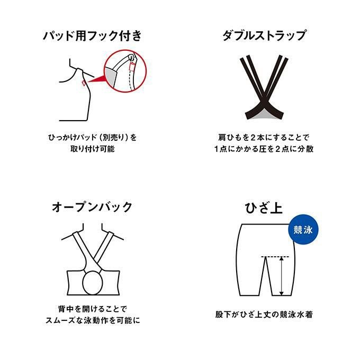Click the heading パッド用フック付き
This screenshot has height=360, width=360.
tap(92, 36)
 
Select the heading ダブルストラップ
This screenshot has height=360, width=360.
tap(264, 36)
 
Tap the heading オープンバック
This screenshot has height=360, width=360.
tap(92, 207)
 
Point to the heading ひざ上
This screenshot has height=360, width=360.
tap(264, 208)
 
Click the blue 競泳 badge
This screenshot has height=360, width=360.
tap(303, 230)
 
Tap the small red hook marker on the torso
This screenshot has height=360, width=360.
tap(84, 83)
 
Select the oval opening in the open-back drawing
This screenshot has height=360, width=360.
tap(93, 283)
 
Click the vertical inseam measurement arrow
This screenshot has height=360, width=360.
tap(282, 276)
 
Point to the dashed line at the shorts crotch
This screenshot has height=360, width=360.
tap(275, 256)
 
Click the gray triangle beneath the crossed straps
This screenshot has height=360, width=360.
tap(264, 115)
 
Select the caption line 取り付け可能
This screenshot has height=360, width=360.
tap(92, 149)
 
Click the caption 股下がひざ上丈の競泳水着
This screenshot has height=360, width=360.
tap(264, 314)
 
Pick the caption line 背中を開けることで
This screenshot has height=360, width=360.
tap(92, 309)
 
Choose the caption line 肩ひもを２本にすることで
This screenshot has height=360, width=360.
tap(264, 138)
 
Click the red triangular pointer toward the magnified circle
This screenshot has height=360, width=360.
tap(97, 79)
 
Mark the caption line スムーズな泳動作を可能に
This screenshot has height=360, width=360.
tap(92, 320)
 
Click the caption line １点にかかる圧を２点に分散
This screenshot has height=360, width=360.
tap(264, 149)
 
